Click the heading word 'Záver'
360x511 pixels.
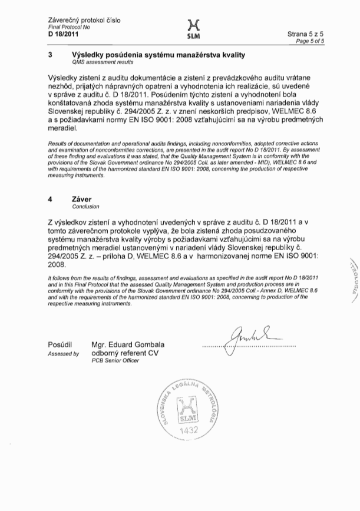point(82,200)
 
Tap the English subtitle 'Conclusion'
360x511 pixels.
point(85,207)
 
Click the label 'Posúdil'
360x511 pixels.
point(59,344)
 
